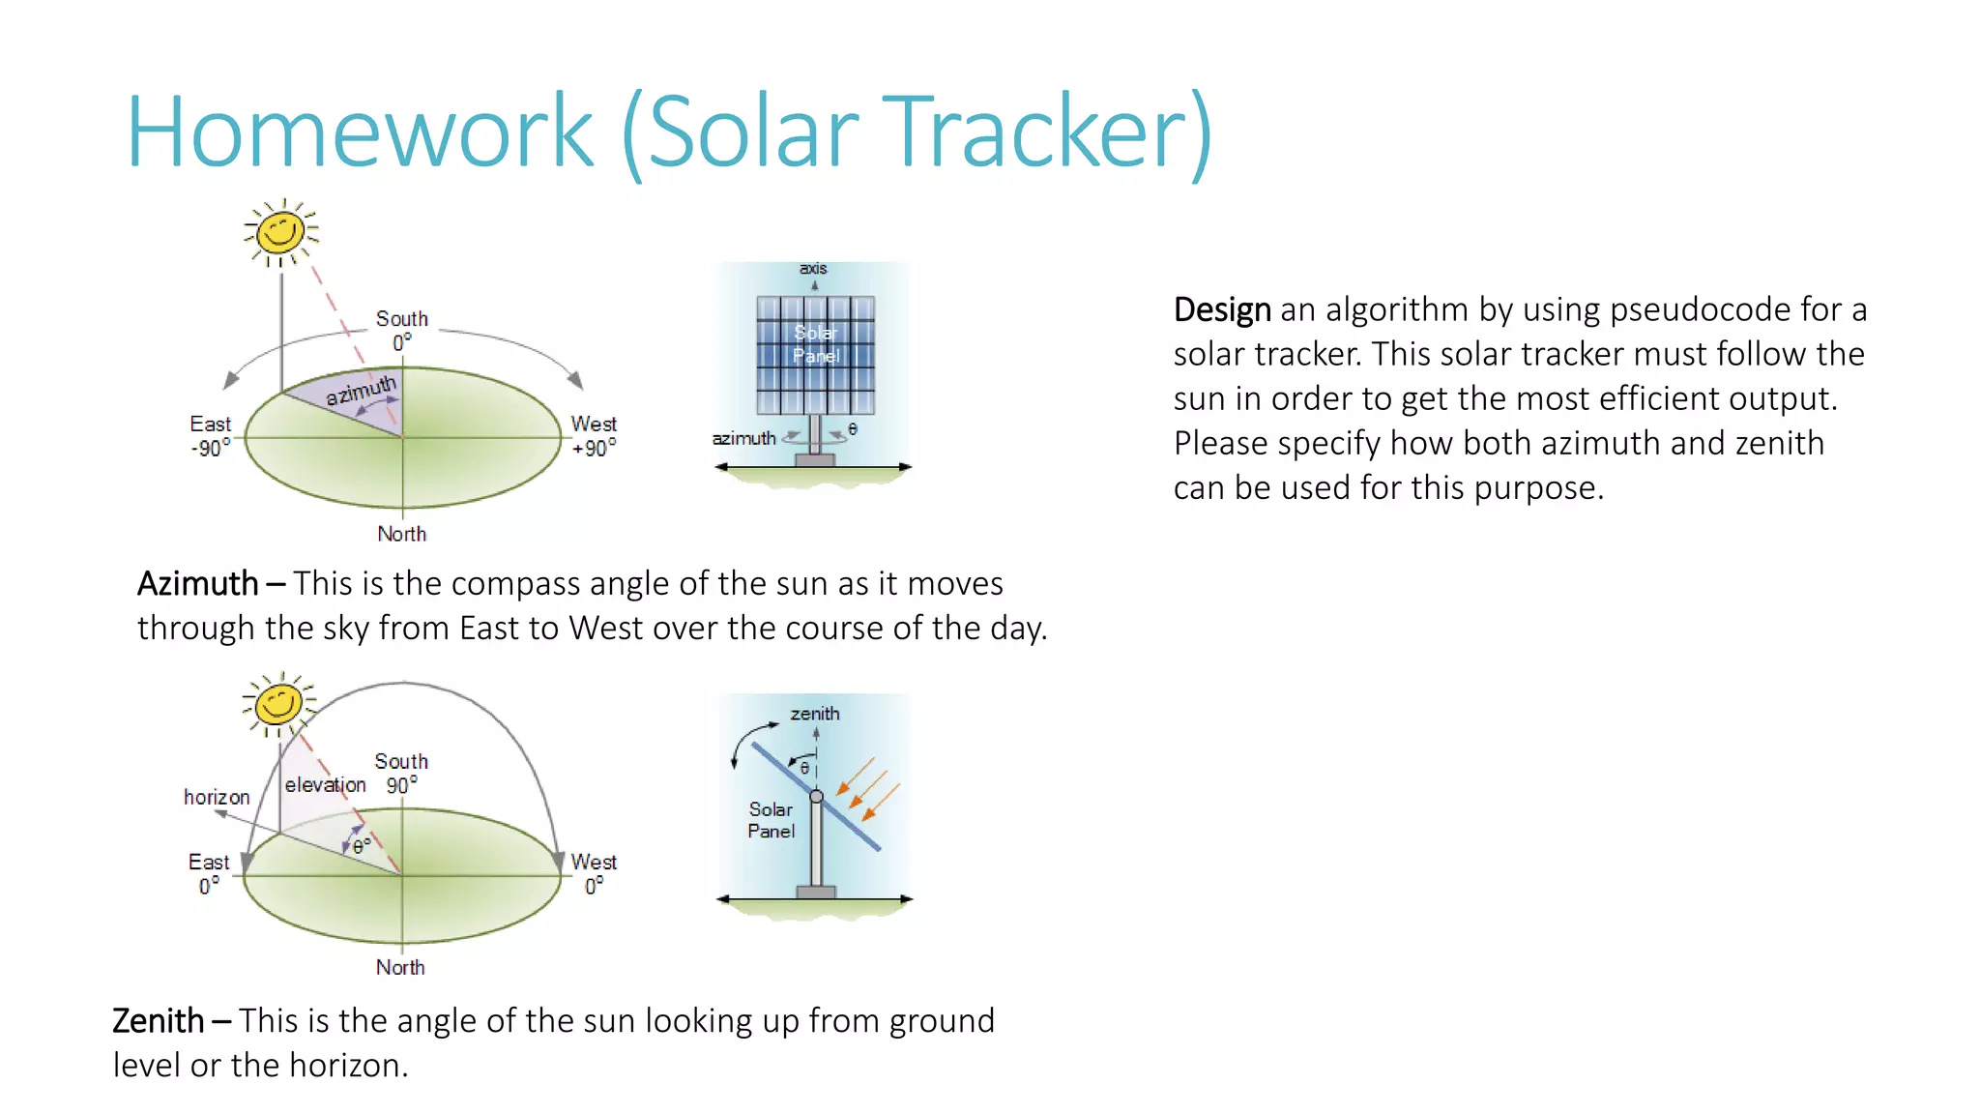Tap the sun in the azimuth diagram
point(280,232)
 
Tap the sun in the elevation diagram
point(278,703)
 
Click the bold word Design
point(1221,310)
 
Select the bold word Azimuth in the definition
point(197,584)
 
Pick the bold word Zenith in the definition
point(158,1021)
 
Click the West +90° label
point(593,436)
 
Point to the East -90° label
point(210,436)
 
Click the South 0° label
point(401,330)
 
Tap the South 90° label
point(400,773)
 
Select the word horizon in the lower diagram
point(217,797)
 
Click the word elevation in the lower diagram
point(325,785)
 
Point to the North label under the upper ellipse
point(401,534)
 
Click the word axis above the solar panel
point(813,268)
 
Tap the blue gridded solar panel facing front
point(815,355)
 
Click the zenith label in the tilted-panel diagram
point(814,714)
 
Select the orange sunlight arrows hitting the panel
point(867,787)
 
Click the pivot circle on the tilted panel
point(816,796)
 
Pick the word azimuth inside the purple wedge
point(361,391)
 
